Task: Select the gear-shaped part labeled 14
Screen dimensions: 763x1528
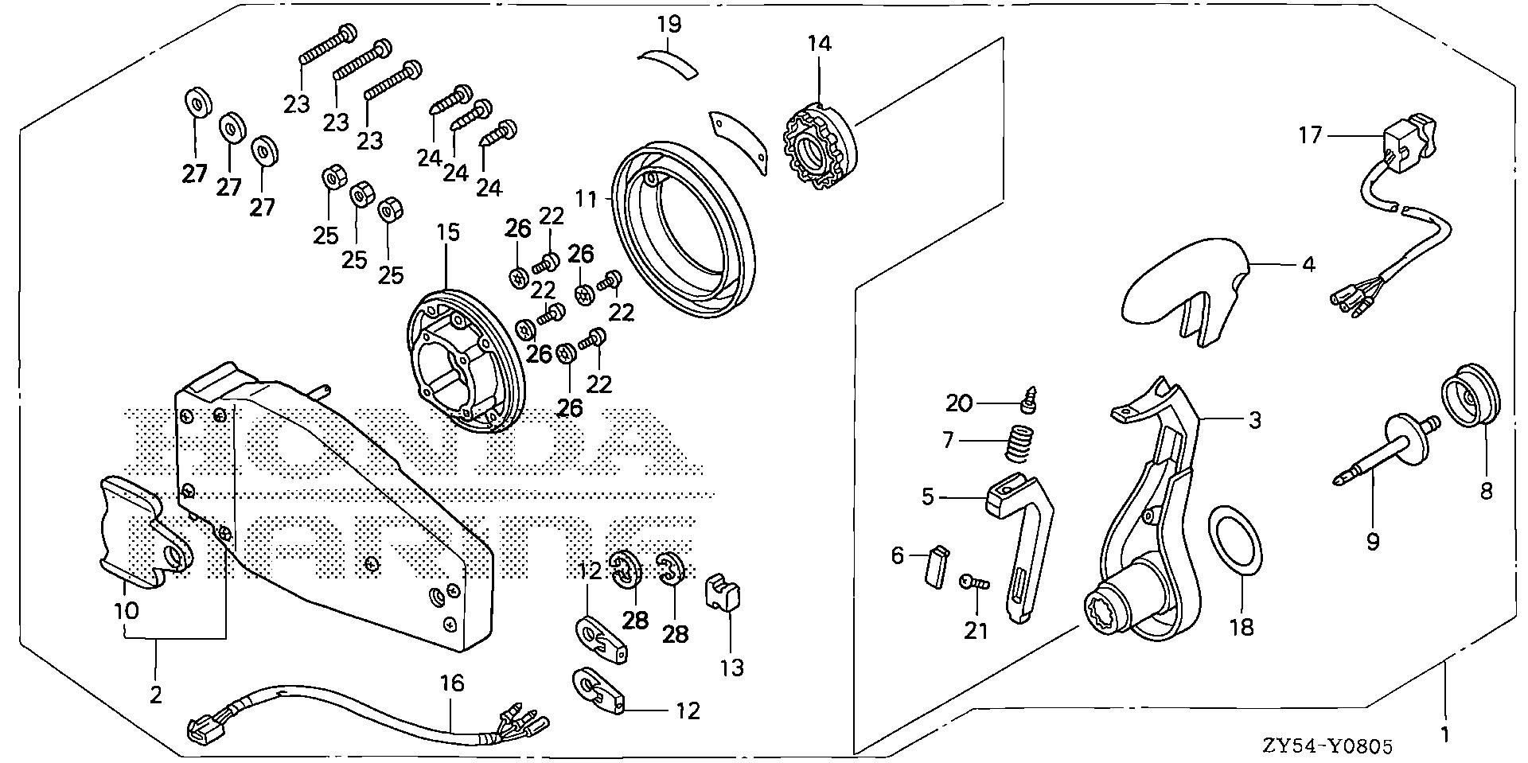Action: pos(820,151)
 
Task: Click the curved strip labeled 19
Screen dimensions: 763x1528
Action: pos(668,61)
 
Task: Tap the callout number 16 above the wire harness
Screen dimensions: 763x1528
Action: pos(452,683)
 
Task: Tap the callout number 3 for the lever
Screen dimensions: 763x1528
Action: pos(1255,419)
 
